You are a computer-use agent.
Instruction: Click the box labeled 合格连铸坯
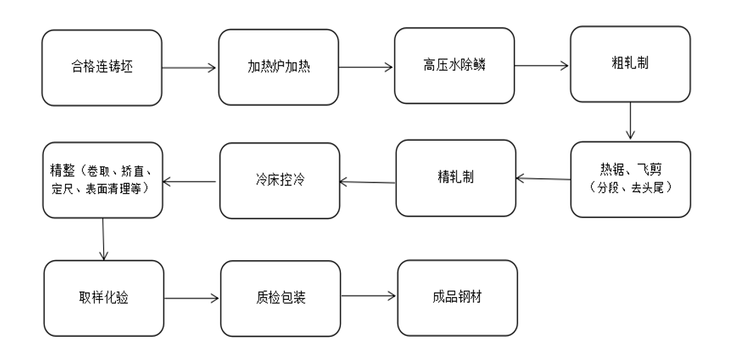click(x=101, y=68)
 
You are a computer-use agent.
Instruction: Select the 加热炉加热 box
click(x=279, y=68)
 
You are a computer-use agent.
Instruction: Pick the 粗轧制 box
click(x=630, y=64)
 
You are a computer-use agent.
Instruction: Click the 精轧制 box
click(x=455, y=177)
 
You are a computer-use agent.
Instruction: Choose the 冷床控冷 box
click(x=279, y=180)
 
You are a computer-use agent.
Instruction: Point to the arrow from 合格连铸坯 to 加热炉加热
click(x=189, y=69)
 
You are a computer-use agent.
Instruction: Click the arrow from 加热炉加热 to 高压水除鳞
click(x=366, y=69)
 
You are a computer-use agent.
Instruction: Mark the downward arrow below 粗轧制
click(x=630, y=121)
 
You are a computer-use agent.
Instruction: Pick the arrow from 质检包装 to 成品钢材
click(x=368, y=297)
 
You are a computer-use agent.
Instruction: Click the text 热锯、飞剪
click(x=629, y=170)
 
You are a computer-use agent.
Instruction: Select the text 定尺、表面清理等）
click(x=103, y=186)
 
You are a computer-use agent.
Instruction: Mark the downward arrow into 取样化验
click(x=103, y=238)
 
